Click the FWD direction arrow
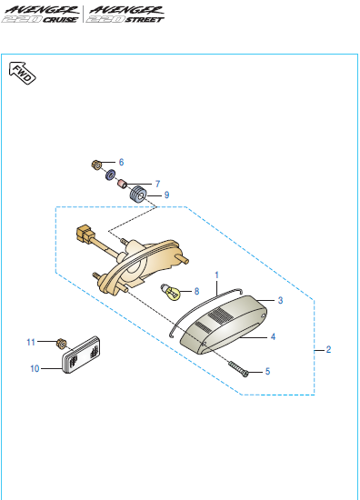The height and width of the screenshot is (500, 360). point(22,73)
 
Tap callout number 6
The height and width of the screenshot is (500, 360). point(121,163)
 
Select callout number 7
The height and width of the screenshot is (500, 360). point(157,184)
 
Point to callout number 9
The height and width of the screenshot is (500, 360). point(166,195)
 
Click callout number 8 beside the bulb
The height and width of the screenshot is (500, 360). point(196,291)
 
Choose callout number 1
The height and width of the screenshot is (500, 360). point(217,275)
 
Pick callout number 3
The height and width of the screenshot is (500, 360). point(280,300)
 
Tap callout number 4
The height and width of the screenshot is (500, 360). point(273,336)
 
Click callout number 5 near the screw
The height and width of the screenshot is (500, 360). point(267,372)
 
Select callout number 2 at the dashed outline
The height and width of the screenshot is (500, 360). point(328,350)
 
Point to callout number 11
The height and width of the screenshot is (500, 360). point(31,343)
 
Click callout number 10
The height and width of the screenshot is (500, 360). point(35,368)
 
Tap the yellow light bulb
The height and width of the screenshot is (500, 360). point(171,292)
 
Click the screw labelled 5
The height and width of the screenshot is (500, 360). point(238,369)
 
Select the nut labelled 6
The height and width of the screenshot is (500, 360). point(96,165)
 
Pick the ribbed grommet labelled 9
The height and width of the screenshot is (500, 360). point(138,194)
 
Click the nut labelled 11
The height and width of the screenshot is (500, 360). point(61,344)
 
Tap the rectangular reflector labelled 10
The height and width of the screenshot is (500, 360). point(81,355)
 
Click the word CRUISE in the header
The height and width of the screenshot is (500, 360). point(60,20)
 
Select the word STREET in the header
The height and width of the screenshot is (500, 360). point(145,20)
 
